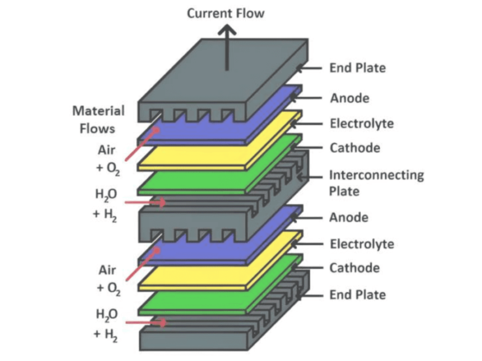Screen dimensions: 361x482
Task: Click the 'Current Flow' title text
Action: [226, 13]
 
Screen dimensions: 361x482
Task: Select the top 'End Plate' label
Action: [357, 68]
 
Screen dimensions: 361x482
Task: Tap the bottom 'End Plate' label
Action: [357, 295]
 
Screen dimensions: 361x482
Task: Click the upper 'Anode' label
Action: [349, 97]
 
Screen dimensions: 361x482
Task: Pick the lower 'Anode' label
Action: [349, 217]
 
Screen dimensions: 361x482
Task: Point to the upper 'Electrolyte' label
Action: [361, 124]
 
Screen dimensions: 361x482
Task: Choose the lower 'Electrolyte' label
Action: [361, 244]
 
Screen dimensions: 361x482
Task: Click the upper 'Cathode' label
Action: [354, 148]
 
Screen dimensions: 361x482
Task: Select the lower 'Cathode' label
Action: [354, 268]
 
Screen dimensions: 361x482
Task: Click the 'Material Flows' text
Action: [98, 120]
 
